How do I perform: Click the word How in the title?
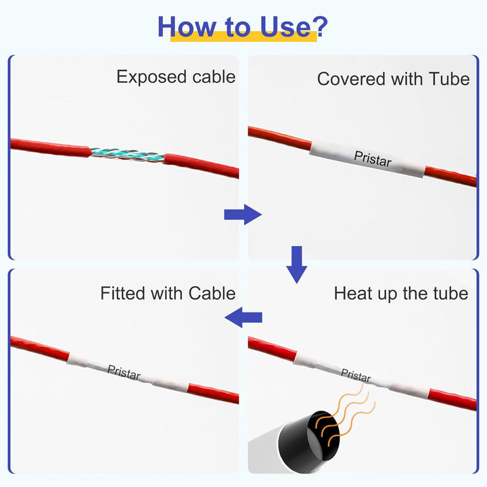[187, 26]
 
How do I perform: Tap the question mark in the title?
[319, 26]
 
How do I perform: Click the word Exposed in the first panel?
[151, 77]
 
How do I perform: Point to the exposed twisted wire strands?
[128, 154]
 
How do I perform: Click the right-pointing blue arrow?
[243, 214]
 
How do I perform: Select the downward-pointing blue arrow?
[297, 264]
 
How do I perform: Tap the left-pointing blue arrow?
[243, 317]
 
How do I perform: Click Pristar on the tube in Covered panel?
[373, 159]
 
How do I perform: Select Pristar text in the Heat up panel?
[356, 375]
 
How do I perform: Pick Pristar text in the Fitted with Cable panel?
[124, 373]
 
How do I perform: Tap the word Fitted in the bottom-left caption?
[123, 293]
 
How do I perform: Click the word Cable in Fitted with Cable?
[212, 293]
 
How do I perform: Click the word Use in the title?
[285, 26]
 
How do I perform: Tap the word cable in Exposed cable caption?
[214, 76]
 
